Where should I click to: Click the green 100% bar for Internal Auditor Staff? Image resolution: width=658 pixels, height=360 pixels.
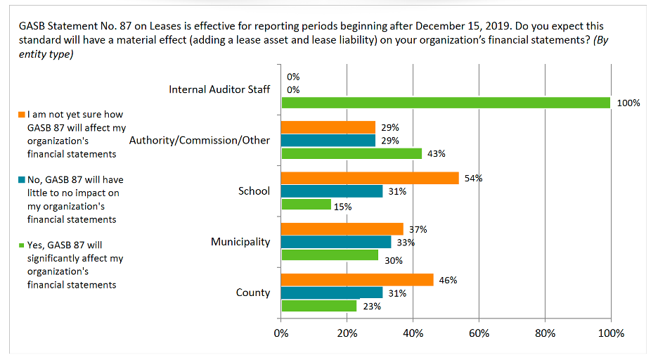pos(446,103)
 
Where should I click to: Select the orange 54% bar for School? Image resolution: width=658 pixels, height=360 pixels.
pos(370,178)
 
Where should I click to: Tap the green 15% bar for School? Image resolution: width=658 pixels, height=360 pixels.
pos(307,204)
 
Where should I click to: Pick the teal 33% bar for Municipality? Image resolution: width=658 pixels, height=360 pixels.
pos(336,242)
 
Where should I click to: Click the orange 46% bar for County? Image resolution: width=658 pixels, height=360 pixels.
pos(357,280)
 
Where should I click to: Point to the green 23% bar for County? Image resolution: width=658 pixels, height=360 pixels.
pos(319,306)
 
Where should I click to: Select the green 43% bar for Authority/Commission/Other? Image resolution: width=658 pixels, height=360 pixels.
pos(351,153)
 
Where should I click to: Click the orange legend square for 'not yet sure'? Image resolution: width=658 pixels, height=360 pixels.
pos(22,115)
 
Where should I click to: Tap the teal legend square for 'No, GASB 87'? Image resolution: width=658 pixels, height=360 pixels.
pos(22,180)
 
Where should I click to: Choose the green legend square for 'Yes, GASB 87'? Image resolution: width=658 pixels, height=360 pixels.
pos(22,246)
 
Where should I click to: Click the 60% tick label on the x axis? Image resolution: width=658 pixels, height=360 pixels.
pos(479,333)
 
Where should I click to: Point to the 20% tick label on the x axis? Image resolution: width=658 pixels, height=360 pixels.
pos(347,333)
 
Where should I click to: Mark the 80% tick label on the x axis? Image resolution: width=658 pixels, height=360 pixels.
pos(544,333)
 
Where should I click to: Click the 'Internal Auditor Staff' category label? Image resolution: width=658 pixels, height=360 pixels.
pos(219,90)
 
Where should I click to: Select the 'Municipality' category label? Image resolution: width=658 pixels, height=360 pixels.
pos(240,242)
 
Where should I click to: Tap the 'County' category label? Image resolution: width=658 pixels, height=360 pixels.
pos(253,292)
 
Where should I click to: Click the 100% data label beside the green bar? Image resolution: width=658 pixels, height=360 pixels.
pos(628,103)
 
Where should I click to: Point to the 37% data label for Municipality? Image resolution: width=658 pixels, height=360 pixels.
pos(418,229)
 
